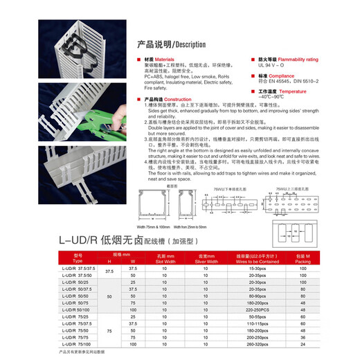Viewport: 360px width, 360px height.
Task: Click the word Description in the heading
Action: (x=183, y=43)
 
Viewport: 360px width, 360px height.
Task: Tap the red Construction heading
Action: (x=169, y=99)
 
